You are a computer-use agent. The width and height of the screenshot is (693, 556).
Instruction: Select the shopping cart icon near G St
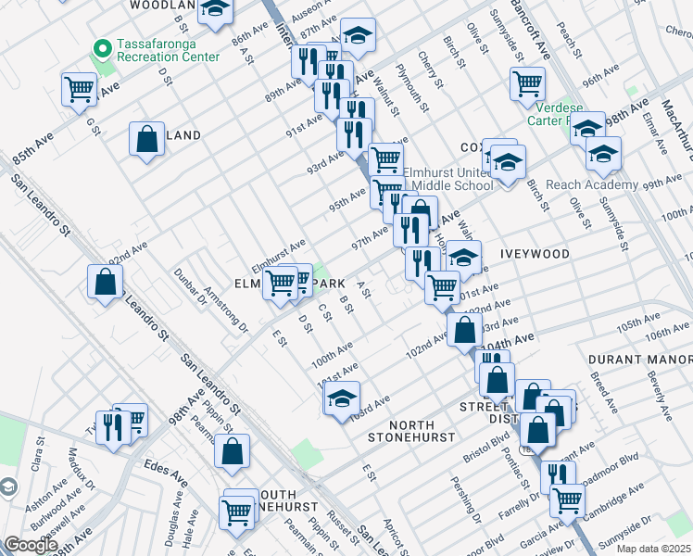point(80,90)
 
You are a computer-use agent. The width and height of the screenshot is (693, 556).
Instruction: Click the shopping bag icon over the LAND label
point(146,140)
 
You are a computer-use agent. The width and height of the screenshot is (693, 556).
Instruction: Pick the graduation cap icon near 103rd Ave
point(341,398)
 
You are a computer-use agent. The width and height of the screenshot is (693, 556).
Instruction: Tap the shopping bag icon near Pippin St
point(232,451)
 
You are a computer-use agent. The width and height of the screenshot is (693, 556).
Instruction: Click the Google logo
point(30,545)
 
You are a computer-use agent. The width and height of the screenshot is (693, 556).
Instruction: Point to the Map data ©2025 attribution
point(653,550)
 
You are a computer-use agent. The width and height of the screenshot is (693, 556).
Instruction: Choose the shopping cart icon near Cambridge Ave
point(566,500)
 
